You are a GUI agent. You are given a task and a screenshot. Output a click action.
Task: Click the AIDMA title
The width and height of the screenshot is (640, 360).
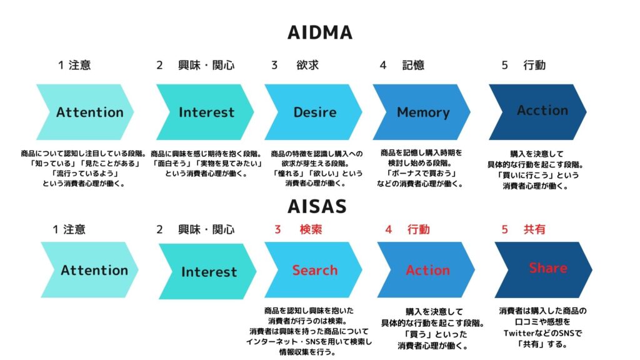(319, 32)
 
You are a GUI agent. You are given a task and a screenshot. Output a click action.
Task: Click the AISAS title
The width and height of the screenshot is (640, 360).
(317, 206)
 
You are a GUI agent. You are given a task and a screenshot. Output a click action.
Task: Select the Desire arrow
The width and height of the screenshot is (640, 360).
(313, 112)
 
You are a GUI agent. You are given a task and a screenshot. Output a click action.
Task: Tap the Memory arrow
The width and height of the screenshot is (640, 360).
(421, 112)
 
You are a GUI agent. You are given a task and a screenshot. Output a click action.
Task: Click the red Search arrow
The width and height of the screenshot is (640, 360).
(313, 270)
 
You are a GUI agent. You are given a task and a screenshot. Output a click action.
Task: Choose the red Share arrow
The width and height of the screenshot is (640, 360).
(543, 270)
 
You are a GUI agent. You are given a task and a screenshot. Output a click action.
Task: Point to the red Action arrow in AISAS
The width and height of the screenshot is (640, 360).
(426, 270)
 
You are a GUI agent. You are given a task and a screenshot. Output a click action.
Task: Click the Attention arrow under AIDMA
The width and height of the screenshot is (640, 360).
(85, 112)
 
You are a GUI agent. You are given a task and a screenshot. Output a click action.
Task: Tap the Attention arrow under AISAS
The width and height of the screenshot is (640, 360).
(89, 270)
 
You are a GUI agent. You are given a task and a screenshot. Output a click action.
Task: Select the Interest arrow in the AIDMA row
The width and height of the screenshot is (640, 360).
(205, 112)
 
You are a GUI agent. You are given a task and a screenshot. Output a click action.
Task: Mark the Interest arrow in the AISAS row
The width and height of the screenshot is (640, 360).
(207, 271)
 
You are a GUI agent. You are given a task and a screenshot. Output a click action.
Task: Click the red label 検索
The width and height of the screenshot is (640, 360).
(311, 229)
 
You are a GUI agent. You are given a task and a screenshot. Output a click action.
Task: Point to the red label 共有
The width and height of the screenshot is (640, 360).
(535, 229)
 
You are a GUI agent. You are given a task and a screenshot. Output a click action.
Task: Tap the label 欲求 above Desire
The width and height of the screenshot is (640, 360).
(307, 65)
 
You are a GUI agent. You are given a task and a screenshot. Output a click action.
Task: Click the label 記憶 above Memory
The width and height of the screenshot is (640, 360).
(414, 65)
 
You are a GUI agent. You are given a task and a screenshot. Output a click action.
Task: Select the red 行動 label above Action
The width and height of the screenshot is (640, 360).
(419, 229)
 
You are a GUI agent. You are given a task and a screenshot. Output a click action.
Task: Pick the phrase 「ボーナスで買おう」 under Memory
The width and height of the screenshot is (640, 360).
(421, 174)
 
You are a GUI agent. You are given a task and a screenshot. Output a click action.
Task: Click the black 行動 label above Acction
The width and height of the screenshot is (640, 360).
(535, 65)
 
